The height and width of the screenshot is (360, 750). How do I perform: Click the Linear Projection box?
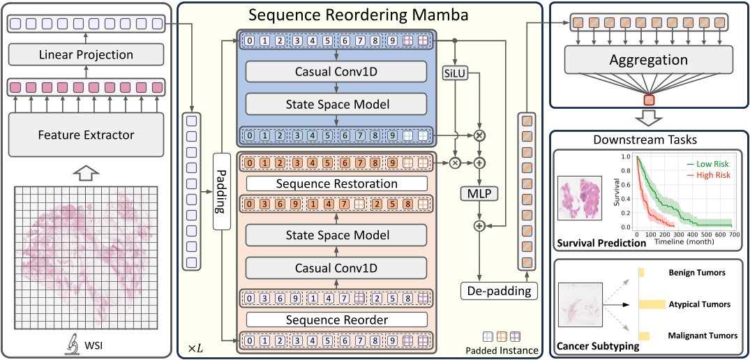(85, 55)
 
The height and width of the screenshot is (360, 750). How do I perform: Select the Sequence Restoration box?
(336, 183)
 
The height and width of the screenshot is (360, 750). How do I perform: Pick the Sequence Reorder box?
(336, 320)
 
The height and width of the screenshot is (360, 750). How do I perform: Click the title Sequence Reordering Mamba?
(359, 14)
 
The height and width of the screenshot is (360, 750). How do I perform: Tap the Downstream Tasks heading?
(649, 140)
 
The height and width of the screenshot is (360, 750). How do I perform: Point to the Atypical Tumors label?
(699, 304)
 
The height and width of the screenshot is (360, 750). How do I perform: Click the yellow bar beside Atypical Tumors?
(652, 304)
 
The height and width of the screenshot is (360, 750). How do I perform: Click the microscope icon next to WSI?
(72, 344)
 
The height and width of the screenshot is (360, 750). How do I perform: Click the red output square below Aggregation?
(649, 100)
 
